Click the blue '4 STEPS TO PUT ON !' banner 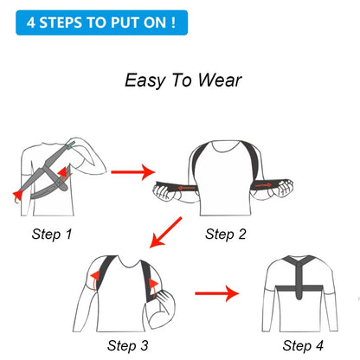[101, 21]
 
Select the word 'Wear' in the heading [219, 80]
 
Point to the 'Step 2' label [226, 234]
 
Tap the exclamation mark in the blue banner [173, 21]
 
